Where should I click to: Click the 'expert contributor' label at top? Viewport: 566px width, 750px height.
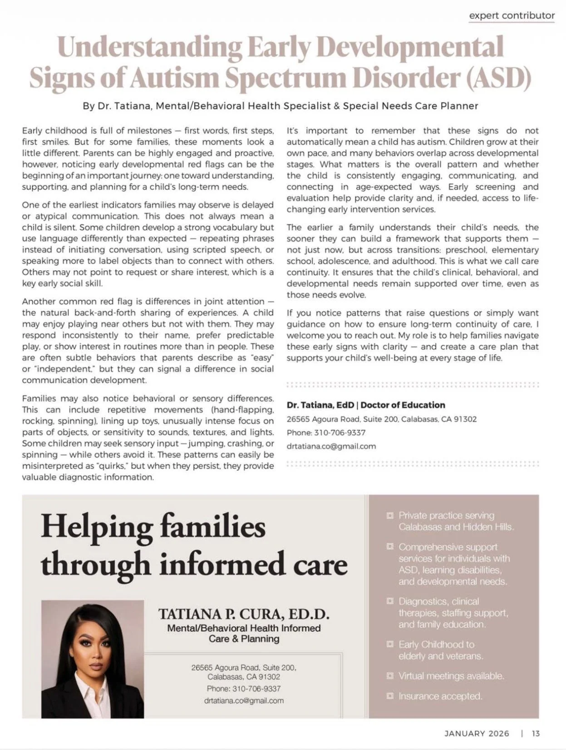512,15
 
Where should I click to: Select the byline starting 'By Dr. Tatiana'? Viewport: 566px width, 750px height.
280,106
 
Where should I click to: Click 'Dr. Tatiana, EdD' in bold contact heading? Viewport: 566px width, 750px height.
322,405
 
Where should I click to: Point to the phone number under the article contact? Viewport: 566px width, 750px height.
340,433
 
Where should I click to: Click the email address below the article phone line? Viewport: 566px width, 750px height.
331,446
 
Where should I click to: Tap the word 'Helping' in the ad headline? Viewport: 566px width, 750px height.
97,527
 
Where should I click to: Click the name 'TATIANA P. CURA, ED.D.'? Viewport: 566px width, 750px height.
244,614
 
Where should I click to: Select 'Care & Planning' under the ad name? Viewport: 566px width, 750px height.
244,639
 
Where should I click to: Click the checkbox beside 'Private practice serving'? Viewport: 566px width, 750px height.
389,516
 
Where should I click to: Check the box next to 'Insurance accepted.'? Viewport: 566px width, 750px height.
389,696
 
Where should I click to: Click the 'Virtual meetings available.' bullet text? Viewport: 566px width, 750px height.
451,676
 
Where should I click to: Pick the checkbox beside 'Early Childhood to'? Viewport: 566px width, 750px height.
389,644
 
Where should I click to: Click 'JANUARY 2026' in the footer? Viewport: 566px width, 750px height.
477,733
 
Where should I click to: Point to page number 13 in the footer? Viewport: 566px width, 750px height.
536,733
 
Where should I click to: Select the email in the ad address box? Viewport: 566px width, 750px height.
244,701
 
